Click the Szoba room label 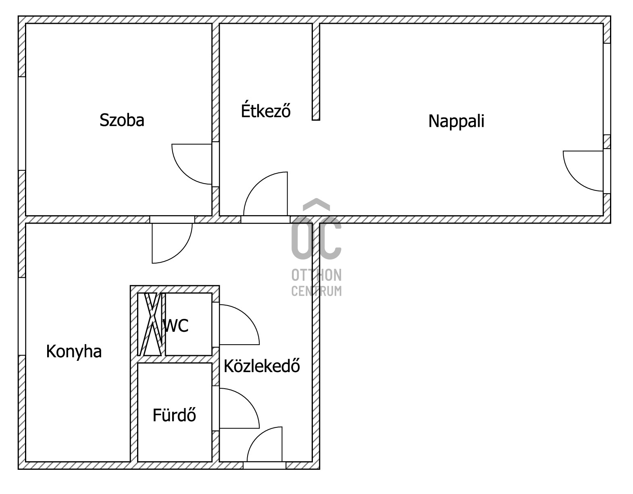(122, 120)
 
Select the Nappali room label (456, 121)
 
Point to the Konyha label (74, 352)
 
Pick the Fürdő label (174, 415)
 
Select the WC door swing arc (248, 316)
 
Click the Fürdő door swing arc (248, 400)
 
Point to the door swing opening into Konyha (180, 251)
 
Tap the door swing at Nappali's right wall (575, 180)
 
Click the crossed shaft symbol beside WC (152, 324)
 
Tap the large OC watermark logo (316, 229)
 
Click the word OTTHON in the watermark (316, 275)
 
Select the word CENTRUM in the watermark (316, 291)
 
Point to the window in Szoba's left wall (22, 123)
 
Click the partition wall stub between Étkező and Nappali (316, 72)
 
